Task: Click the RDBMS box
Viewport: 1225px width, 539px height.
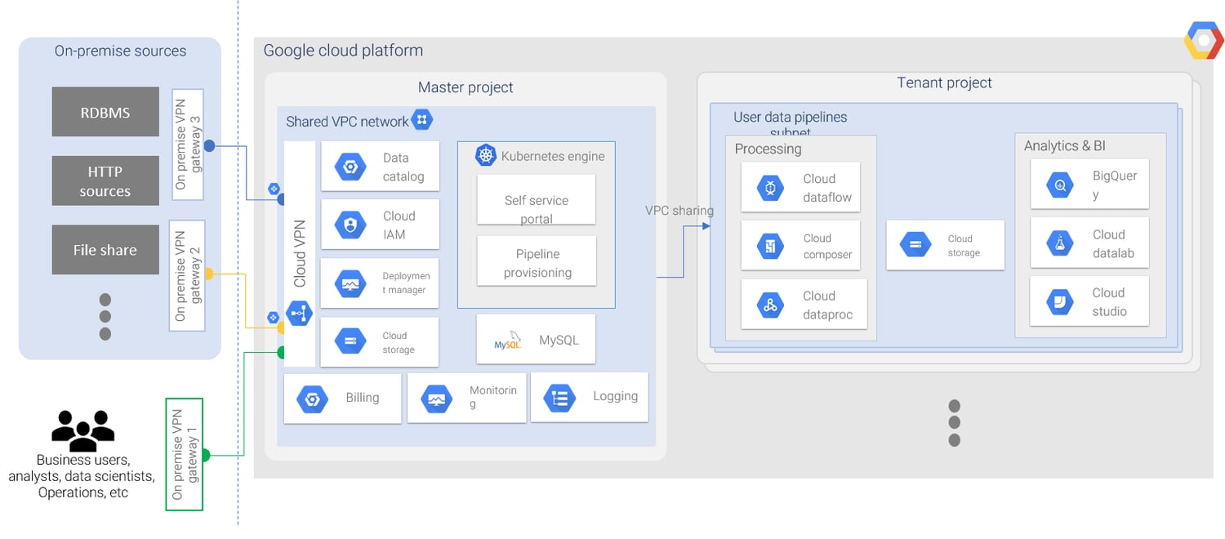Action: pos(105,112)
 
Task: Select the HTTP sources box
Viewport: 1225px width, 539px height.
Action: pos(105,181)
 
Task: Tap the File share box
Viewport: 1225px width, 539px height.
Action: pos(105,250)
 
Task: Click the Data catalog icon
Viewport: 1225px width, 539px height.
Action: pos(351,167)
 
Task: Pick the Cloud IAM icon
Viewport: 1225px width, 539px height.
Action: pos(351,225)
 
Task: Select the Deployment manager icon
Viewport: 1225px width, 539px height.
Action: pos(351,283)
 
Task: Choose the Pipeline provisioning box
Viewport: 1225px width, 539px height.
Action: pos(536,262)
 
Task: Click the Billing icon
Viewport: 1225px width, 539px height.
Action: pos(312,399)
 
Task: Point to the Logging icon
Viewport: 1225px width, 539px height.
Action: pos(560,398)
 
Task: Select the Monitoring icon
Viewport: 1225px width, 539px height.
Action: pos(435,399)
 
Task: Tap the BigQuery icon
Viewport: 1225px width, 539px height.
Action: pos(1060,185)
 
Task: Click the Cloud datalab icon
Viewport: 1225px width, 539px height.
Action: pos(1060,243)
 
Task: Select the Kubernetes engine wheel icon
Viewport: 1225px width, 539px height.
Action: pos(487,156)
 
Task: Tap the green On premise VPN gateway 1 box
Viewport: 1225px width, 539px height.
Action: pos(184,454)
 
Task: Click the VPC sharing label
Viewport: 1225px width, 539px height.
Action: pos(679,211)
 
